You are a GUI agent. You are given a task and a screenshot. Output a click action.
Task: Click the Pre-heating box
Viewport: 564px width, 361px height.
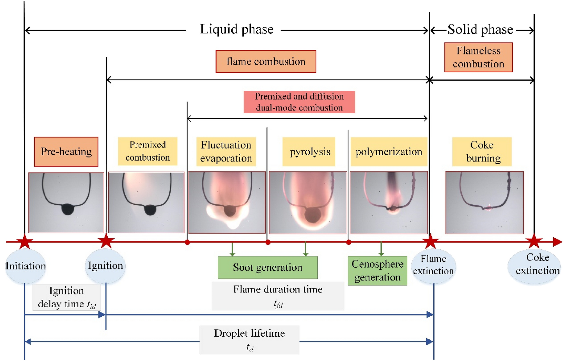pyautogui.click(x=66, y=152)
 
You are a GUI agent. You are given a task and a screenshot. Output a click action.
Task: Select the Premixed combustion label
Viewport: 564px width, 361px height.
pyautogui.click(x=148, y=151)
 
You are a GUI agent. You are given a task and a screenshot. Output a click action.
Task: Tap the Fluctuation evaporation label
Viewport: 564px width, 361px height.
pyautogui.click(x=226, y=152)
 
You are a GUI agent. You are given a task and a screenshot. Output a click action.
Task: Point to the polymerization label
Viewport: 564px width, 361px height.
pyautogui.click(x=389, y=152)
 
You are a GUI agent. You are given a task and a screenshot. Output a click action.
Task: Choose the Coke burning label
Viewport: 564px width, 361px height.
pyautogui.click(x=482, y=152)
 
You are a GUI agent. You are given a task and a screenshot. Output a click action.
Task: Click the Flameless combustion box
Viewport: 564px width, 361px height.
pyautogui.click(x=478, y=57)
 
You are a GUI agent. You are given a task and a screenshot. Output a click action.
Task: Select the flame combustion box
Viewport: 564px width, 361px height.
pyautogui.click(x=266, y=61)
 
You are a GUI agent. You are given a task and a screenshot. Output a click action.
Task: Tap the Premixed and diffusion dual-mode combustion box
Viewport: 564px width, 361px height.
pyautogui.click(x=299, y=102)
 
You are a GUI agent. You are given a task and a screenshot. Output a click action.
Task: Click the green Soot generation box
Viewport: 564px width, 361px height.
pyautogui.click(x=268, y=267)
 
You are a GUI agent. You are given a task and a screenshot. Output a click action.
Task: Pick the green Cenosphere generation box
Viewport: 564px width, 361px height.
pyautogui.click(x=377, y=270)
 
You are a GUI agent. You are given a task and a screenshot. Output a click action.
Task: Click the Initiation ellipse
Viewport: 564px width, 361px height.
pyautogui.click(x=25, y=266)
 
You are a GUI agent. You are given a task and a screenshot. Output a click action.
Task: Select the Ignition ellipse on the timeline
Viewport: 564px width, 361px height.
pyautogui.click(x=105, y=265)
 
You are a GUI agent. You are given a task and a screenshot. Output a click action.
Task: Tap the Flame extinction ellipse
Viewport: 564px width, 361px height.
pyautogui.click(x=433, y=265)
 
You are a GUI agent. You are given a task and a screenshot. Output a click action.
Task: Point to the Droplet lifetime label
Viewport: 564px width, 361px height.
pyautogui.click(x=249, y=340)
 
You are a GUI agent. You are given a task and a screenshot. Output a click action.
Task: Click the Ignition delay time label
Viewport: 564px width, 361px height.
pyautogui.click(x=66, y=297)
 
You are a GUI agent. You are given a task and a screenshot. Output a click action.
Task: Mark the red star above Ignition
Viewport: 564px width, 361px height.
pyautogui.click(x=106, y=241)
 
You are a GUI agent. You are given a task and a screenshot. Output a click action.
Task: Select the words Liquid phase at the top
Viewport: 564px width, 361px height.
pyautogui.click(x=237, y=29)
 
